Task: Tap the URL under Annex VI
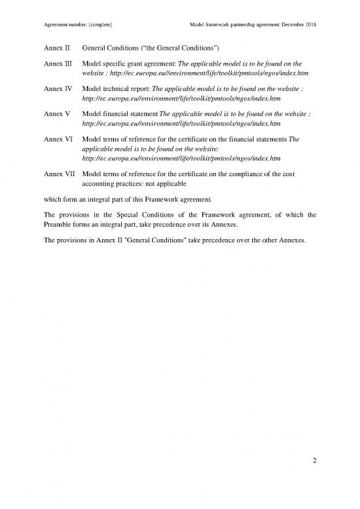tap(182, 158)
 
